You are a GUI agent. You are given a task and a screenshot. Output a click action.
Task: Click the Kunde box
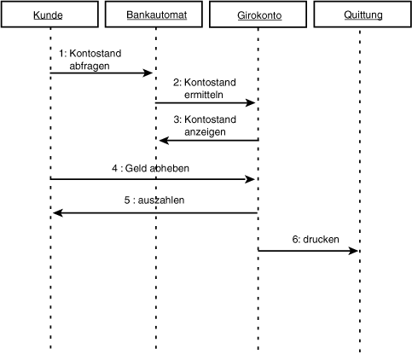point(49,15)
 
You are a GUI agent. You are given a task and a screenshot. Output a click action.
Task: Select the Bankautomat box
point(154,15)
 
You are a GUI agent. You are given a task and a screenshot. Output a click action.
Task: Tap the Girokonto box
point(258,15)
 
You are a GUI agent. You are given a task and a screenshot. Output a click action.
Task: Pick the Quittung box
point(363,15)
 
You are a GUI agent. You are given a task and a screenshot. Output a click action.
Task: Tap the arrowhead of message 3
point(164,140)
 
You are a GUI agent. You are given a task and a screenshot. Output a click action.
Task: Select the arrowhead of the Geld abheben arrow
point(250,179)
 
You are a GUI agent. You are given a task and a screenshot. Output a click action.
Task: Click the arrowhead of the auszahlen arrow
point(58,212)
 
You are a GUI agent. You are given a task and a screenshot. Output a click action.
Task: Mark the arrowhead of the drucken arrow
point(353,251)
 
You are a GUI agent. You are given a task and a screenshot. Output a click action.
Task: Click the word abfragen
point(90,66)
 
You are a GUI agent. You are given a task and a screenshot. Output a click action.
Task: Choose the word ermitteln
point(204,95)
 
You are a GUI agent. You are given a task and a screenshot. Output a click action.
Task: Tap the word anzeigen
point(205,132)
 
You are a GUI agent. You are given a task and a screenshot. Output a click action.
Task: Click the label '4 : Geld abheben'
point(150,168)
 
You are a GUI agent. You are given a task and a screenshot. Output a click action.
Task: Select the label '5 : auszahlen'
point(154,200)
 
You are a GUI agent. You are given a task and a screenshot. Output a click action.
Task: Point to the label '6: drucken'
point(316,240)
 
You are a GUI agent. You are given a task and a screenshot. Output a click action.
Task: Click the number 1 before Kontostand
point(61,54)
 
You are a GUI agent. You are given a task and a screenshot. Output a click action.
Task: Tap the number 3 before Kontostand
point(177,119)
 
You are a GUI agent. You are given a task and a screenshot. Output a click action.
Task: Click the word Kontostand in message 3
point(210,119)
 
